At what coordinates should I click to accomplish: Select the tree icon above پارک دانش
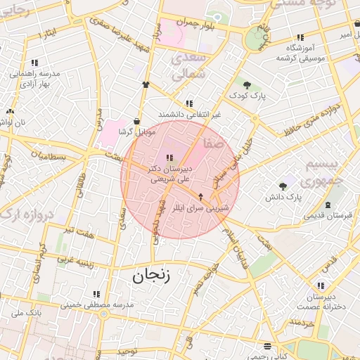coord(283,186)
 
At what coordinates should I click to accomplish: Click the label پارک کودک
coord(252,96)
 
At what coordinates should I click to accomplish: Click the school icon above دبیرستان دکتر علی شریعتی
coord(169,157)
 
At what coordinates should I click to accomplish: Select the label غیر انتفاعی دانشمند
coord(190,114)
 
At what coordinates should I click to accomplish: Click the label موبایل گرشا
coord(135,132)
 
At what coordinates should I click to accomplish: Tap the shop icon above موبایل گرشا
coord(136,121)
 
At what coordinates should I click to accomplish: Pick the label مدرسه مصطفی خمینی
coord(97,304)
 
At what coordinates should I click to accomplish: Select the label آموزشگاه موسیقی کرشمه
coord(300,52)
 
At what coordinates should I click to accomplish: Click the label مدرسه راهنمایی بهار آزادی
coord(33,77)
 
